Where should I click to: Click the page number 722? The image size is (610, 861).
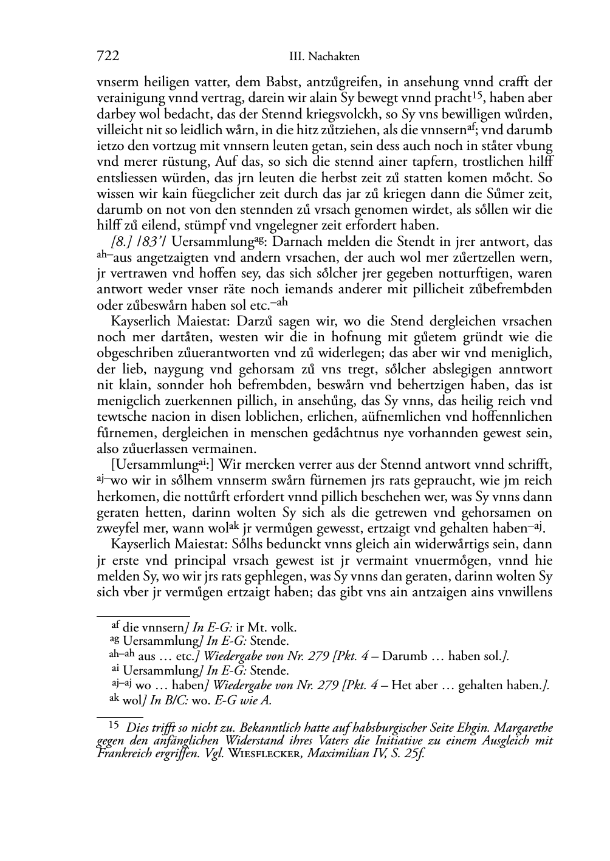pos(108,56)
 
